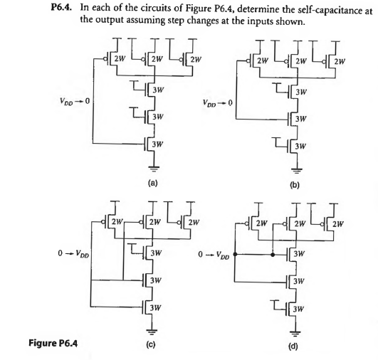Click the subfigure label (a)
click(x=152, y=181)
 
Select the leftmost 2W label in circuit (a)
click(x=121, y=58)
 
